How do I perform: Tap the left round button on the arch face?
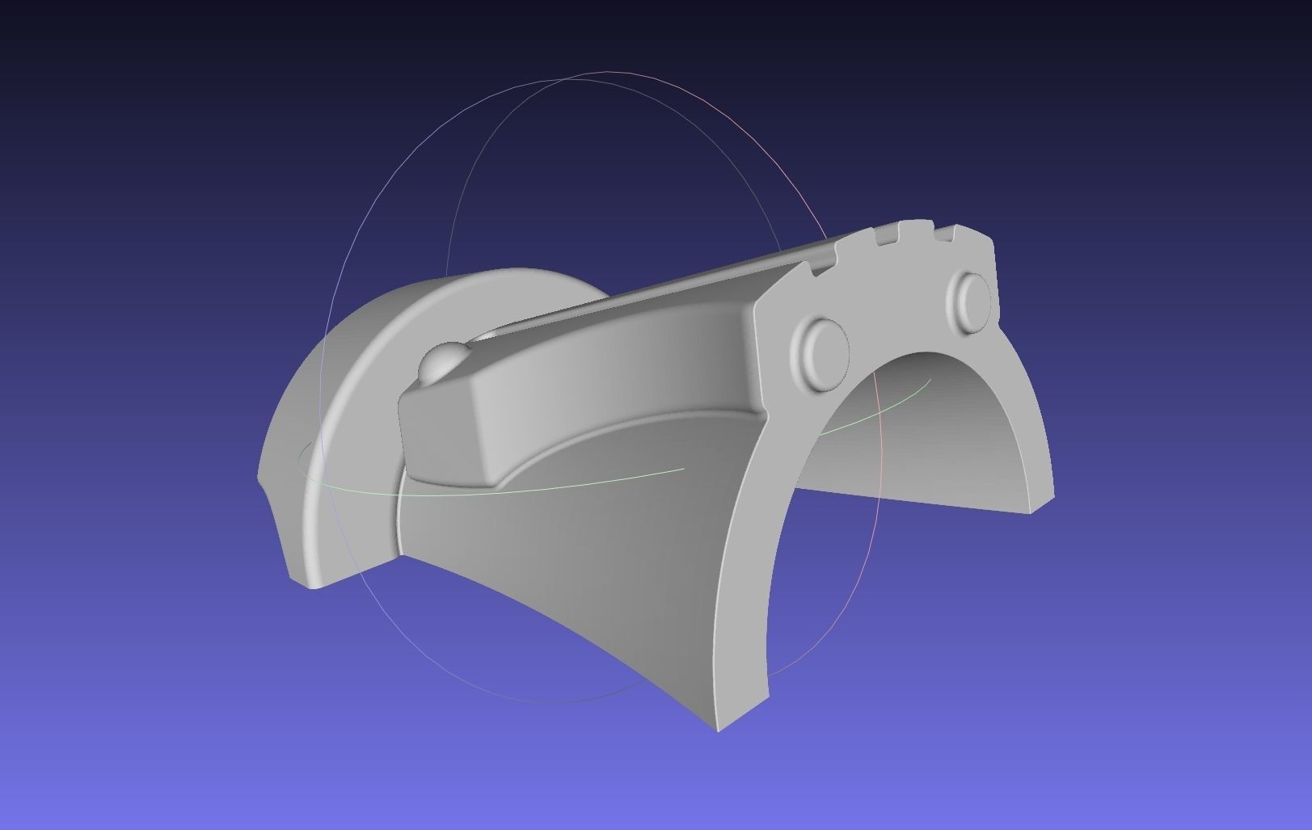[820, 352]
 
